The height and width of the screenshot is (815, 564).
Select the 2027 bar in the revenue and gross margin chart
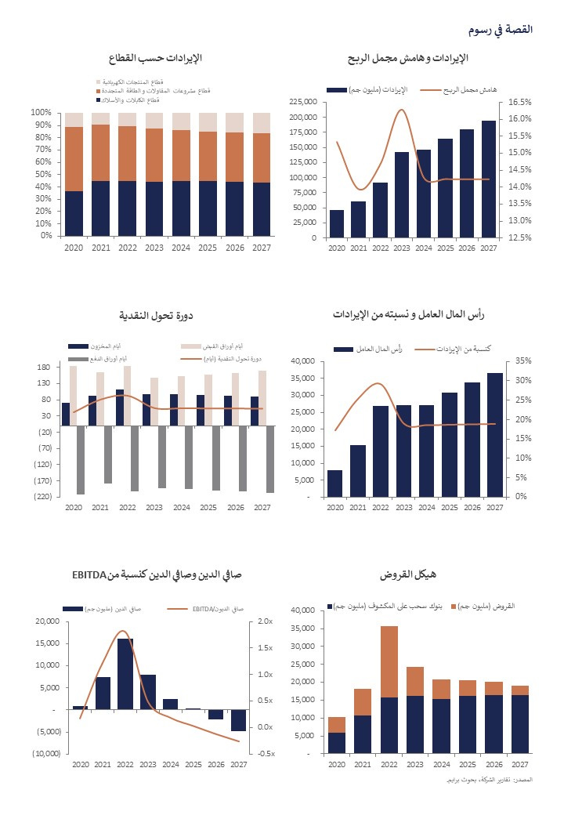click(489, 179)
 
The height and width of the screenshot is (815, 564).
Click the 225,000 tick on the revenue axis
click(303, 102)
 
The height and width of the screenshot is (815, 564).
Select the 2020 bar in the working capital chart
click(334, 484)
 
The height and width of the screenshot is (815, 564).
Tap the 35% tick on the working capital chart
click(520, 361)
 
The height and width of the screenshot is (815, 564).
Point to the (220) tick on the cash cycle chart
click(42, 497)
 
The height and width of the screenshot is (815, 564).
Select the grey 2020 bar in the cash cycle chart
click(80, 462)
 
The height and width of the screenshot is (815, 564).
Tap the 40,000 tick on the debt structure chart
click(303, 610)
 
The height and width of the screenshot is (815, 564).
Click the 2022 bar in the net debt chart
click(125, 674)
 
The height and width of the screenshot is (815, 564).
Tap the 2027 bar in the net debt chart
click(239, 719)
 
